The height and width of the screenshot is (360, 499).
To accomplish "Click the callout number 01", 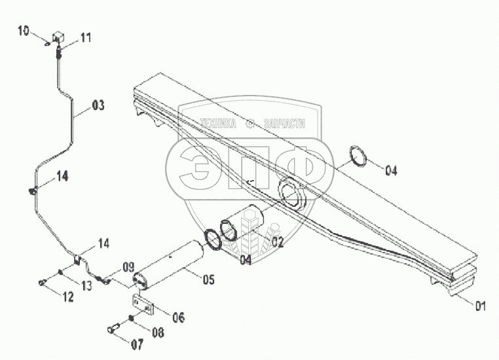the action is (481, 304).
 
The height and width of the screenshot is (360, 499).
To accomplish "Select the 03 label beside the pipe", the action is (98, 105).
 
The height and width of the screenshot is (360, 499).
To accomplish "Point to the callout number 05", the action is (208, 280).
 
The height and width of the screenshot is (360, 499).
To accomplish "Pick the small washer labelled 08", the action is (132, 319).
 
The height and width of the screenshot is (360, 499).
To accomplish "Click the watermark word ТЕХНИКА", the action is (221, 122).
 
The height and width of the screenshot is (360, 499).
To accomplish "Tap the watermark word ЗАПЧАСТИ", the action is (283, 122).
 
